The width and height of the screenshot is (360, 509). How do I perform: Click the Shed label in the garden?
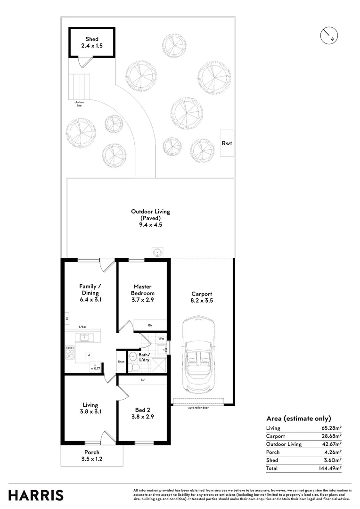92,42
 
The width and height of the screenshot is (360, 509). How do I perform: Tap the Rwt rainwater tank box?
227,143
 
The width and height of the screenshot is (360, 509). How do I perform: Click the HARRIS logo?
36,495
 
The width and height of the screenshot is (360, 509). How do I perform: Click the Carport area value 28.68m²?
331,436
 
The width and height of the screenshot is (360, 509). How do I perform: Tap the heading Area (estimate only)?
299,419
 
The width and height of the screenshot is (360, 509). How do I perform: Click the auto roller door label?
198,408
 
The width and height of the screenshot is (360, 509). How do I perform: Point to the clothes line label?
79,104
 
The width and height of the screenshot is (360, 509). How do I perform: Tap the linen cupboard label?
121,362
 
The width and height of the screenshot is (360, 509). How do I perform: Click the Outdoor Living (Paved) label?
150,218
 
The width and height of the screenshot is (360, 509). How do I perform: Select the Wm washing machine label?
161,338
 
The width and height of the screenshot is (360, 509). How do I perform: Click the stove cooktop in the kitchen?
70,352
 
